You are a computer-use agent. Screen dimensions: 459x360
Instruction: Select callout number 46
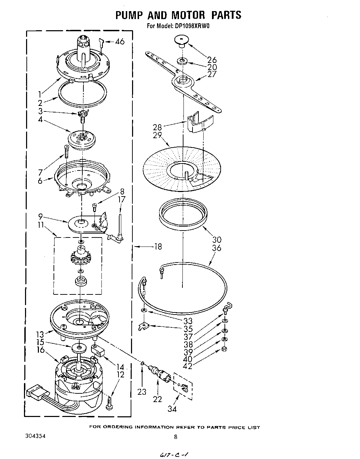pyautogui.click(x=120, y=42)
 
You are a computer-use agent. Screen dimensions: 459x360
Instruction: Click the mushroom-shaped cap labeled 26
pyautogui.click(x=181, y=41)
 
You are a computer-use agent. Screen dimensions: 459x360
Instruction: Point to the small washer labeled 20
pyautogui.click(x=181, y=61)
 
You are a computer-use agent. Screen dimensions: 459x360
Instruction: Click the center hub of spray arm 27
pyautogui.click(x=182, y=81)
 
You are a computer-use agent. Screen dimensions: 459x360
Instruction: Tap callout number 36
pyautogui.click(x=216, y=248)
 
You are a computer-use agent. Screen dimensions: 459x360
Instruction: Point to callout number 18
pyautogui.click(x=158, y=247)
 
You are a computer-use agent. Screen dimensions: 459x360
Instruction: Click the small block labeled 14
pyautogui.click(x=98, y=350)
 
